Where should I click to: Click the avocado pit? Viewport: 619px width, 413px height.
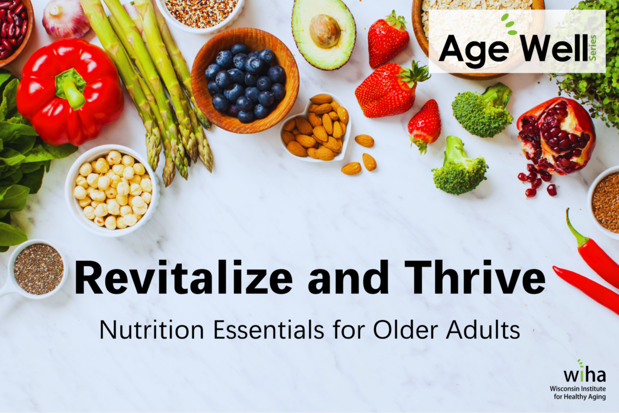coord(325,30)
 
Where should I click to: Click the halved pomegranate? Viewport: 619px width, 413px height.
coord(555,136)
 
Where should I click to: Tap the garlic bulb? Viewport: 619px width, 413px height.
coord(66,18)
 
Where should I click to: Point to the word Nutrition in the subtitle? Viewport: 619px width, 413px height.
coord(143,330)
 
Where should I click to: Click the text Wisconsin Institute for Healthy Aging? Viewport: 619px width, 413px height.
coord(577,392)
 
